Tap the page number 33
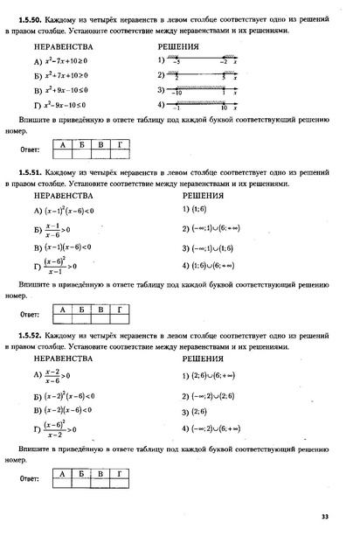point(325,518)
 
